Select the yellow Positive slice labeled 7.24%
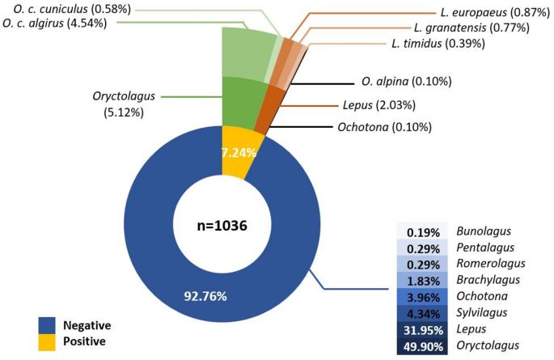(x=238, y=152)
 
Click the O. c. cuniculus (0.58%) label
(x=71, y=8)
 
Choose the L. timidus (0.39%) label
(x=438, y=43)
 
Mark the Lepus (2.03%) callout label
(x=385, y=105)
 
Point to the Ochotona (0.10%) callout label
(x=384, y=127)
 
